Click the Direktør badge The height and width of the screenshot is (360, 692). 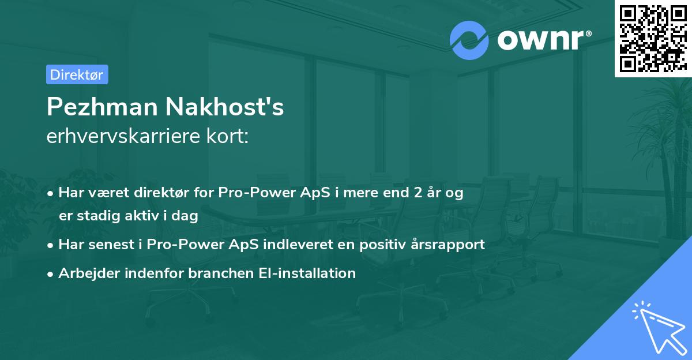click(x=77, y=74)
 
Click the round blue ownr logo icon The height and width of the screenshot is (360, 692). click(x=469, y=40)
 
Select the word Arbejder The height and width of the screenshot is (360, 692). click(x=85, y=273)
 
